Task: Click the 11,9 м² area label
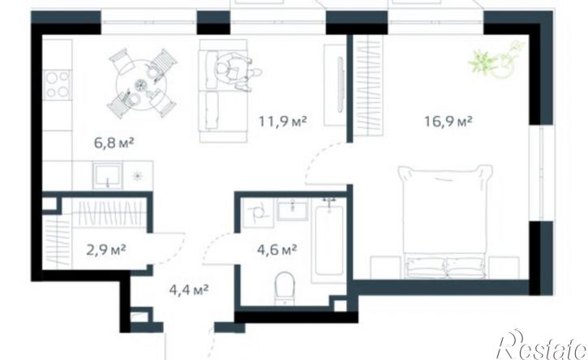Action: (x=283, y=122)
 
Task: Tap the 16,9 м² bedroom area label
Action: (x=449, y=122)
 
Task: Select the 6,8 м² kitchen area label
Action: (x=114, y=143)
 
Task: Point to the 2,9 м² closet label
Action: (x=105, y=250)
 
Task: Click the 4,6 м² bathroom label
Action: (x=277, y=250)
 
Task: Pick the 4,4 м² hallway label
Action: (x=189, y=290)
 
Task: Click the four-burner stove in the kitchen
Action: (x=58, y=85)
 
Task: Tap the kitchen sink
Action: (x=108, y=176)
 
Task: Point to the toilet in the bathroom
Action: (x=285, y=288)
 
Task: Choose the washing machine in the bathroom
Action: (x=257, y=213)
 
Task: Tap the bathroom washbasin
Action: (x=293, y=209)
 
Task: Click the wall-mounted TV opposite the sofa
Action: (x=341, y=84)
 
